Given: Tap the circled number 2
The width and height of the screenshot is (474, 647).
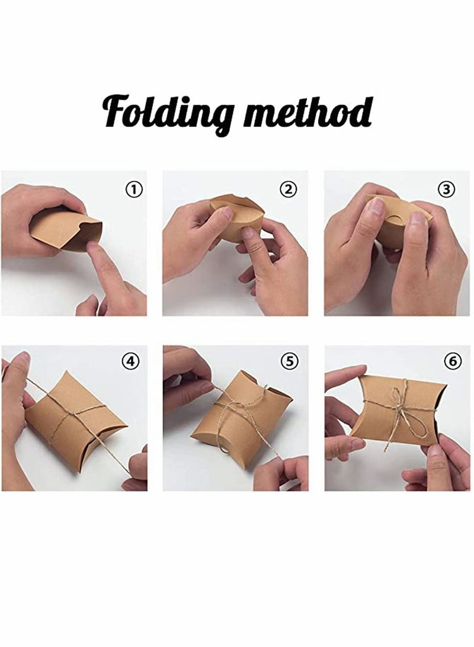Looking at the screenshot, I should coord(288,190).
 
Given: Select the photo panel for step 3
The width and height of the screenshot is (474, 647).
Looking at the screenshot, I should coord(396,243).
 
